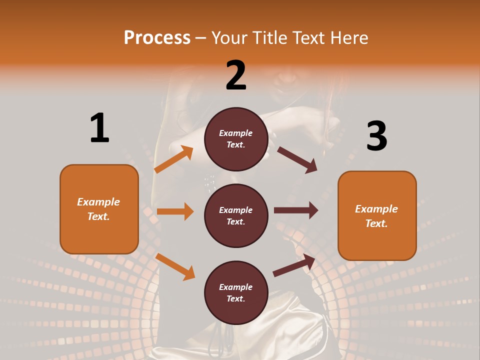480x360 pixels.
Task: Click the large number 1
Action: pyautogui.click(x=99, y=128)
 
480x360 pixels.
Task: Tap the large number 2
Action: pyautogui.click(x=236, y=75)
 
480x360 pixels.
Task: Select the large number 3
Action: pyautogui.click(x=376, y=136)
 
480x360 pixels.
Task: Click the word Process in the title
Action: pyautogui.click(x=157, y=37)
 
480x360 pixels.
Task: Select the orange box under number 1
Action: pyautogui.click(x=99, y=209)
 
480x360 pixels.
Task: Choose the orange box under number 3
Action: pyautogui.click(x=377, y=215)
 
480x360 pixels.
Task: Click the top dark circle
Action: pyautogui.click(x=236, y=139)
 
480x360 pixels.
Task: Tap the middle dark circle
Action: pyautogui.click(x=236, y=215)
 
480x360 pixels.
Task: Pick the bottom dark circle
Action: pyautogui.click(x=236, y=292)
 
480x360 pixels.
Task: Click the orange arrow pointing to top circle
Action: pyautogui.click(x=173, y=159)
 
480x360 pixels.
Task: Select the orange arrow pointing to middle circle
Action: pyautogui.click(x=175, y=211)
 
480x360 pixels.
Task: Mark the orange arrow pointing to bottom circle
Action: pyautogui.click(x=175, y=266)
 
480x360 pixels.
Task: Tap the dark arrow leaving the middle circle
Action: pyautogui.click(x=295, y=210)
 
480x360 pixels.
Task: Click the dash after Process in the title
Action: pyautogui.click(x=201, y=38)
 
